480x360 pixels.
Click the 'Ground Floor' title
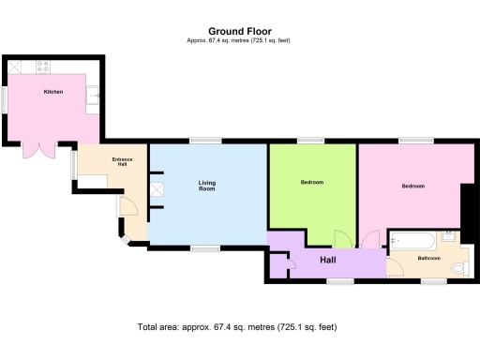pyautogui.click(x=240, y=30)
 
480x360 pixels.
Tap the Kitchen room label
pyautogui.click(x=53, y=92)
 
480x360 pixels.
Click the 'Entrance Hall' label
pyautogui.click(x=123, y=161)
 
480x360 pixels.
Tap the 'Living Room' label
pyautogui.click(x=207, y=186)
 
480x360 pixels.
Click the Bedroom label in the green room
pyautogui.click(x=312, y=182)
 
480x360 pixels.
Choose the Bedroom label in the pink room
pyautogui.click(x=413, y=186)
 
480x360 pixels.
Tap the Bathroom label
pyautogui.click(x=429, y=258)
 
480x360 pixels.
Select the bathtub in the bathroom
pyautogui.click(x=412, y=239)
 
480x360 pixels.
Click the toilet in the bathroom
pyautogui.click(x=457, y=268)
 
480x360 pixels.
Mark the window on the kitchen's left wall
pyautogui.click(x=4, y=99)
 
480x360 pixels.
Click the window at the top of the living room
pyautogui.click(x=205, y=141)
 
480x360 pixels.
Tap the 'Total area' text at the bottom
pyautogui.click(x=236, y=327)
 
